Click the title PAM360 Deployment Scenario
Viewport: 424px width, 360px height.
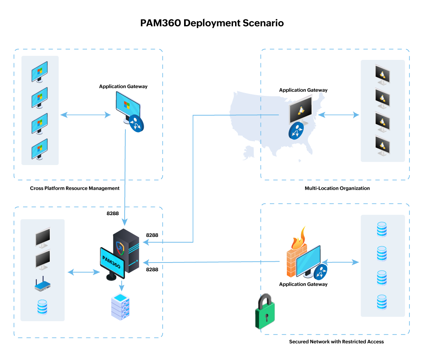pos(212,23)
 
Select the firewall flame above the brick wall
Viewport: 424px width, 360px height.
pos(299,239)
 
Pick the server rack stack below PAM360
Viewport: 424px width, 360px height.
pos(121,307)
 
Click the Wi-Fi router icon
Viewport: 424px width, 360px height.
pos(42,286)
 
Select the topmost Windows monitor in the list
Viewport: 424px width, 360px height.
pos(40,72)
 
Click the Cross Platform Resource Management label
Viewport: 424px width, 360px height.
pos(75,188)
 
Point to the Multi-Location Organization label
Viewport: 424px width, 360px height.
pos(337,188)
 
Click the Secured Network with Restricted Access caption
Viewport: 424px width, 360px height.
pos(336,342)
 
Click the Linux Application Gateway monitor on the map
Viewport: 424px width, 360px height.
pos(301,109)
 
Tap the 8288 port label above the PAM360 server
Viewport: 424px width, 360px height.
pos(112,213)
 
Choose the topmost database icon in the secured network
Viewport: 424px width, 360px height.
pos(382,229)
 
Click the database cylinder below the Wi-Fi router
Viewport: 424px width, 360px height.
pos(42,307)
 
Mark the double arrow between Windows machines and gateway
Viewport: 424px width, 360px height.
pos(85,115)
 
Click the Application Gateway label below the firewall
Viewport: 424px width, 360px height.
pos(303,284)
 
